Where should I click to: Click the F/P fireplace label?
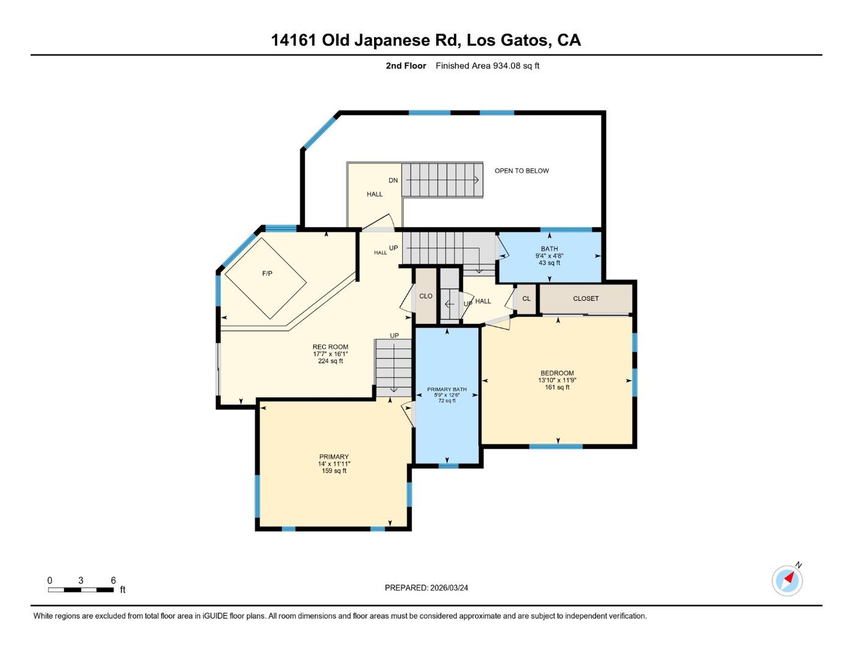point(267,274)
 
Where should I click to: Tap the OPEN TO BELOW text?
point(522,171)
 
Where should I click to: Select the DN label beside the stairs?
point(394,181)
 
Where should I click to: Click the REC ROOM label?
point(330,347)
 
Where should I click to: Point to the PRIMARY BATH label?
point(447,389)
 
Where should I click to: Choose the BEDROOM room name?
point(557,373)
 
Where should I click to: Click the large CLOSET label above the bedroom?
point(586,299)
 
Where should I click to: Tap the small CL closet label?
point(527,299)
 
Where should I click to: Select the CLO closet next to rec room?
point(426,297)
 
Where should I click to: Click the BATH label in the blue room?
point(549,249)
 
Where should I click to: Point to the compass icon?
point(787,580)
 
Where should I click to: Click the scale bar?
point(81,589)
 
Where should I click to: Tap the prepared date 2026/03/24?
point(449,588)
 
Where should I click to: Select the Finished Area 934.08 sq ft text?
point(488,66)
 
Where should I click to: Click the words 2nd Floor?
point(406,66)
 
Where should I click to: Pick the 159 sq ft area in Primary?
point(334,471)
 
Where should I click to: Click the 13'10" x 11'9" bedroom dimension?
point(557,380)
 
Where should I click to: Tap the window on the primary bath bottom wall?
point(448,466)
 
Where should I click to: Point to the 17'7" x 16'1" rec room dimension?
point(330,354)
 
